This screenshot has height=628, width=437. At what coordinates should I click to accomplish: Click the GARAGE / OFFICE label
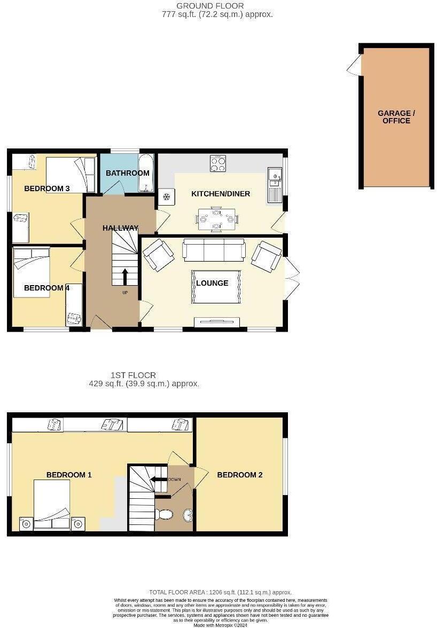(396, 117)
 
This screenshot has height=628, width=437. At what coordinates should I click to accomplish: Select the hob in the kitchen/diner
(218, 163)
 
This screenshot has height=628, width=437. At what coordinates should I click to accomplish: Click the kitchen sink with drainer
(275, 184)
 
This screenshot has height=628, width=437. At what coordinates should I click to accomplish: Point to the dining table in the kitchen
(216, 218)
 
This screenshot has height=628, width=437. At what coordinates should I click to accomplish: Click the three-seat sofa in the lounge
(214, 249)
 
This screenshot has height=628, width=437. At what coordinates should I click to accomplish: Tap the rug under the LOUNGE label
(216, 287)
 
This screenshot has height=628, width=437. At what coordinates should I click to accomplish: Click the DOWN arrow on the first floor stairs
(159, 479)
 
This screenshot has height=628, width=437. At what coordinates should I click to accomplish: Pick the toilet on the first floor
(165, 514)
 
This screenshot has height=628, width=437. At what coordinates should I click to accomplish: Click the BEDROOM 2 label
(239, 475)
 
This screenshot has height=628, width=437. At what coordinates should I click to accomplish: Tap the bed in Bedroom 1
(52, 505)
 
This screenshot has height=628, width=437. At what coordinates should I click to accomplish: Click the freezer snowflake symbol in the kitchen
(166, 197)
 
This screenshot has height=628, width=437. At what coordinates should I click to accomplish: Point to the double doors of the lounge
(291, 278)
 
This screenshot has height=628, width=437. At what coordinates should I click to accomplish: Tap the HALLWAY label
(120, 228)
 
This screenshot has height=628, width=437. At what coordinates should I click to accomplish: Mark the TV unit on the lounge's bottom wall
(216, 321)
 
